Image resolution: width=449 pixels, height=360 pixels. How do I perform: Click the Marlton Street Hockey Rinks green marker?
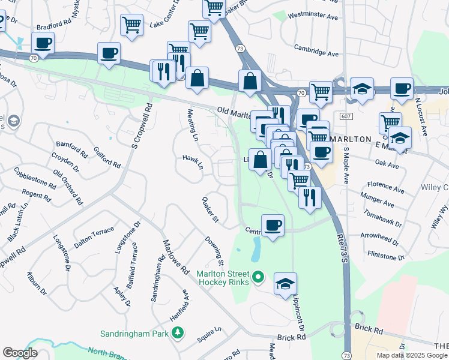tap(258, 277)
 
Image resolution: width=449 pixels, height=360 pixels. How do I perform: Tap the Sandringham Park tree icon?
tap(177, 332)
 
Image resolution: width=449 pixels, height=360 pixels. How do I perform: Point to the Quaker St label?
tap(210, 209)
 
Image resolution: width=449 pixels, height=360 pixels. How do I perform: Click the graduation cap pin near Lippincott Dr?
tap(285, 284)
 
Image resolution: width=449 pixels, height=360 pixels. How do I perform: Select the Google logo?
tap(20, 353)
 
